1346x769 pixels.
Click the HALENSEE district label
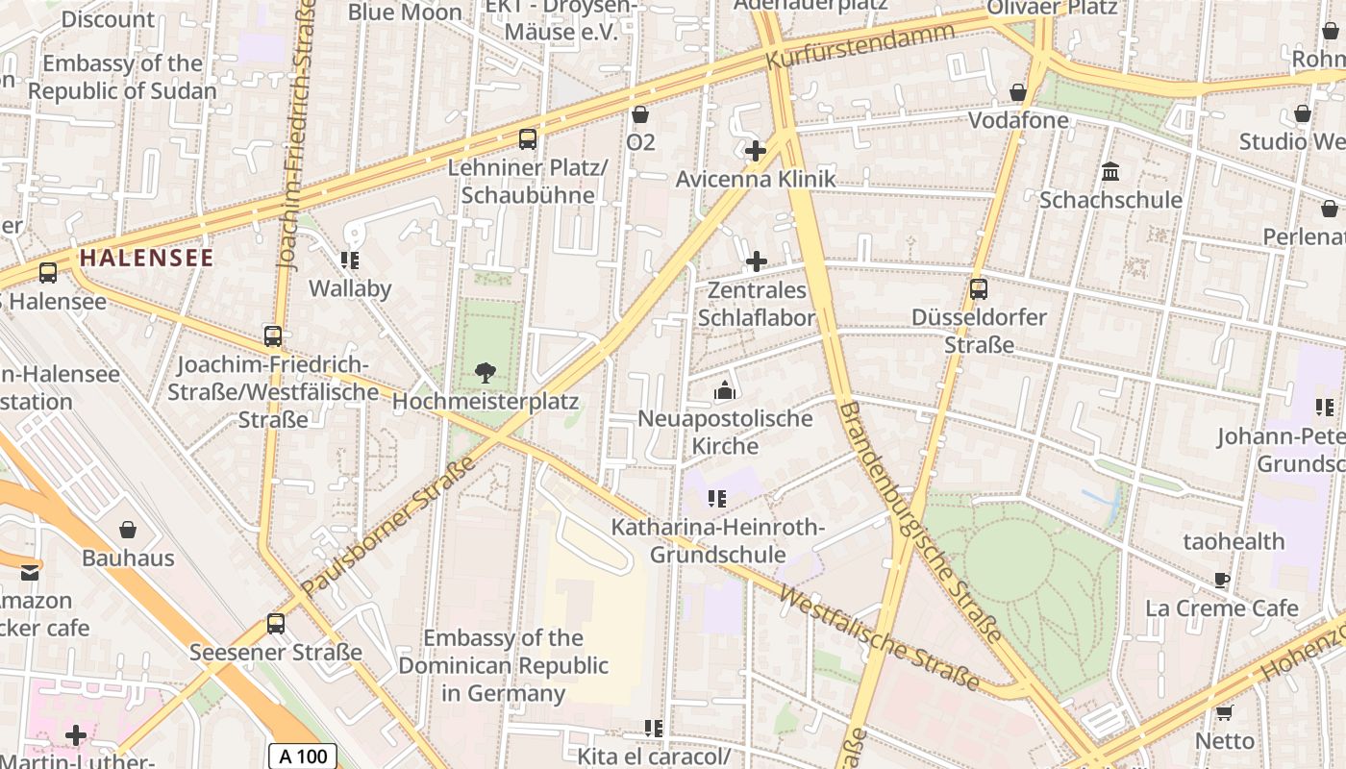pos(146,258)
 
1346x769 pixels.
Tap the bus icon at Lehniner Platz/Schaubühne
pos(528,139)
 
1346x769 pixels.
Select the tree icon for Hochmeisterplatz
pos(486,372)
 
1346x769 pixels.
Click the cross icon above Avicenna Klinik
pos(756,151)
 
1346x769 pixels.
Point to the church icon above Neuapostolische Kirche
pos(725,389)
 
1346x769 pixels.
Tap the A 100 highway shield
pos(303,756)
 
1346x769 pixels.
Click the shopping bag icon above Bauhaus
pos(128,530)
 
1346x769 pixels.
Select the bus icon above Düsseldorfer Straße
pos(979,288)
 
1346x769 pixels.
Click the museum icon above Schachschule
pos(1110,172)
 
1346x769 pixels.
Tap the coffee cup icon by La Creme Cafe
pos(1222,580)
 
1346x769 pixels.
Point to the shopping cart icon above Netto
pos(1224,712)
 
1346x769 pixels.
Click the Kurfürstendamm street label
pos(860,45)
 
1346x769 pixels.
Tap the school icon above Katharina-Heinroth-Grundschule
pos(717,498)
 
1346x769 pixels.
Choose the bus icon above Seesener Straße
pos(276,624)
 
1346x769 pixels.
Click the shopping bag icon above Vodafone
pos(1018,92)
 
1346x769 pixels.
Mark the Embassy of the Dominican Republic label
pos(503,665)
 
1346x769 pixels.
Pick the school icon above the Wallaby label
pos(350,260)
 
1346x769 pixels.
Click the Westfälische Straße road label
pos(879,639)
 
